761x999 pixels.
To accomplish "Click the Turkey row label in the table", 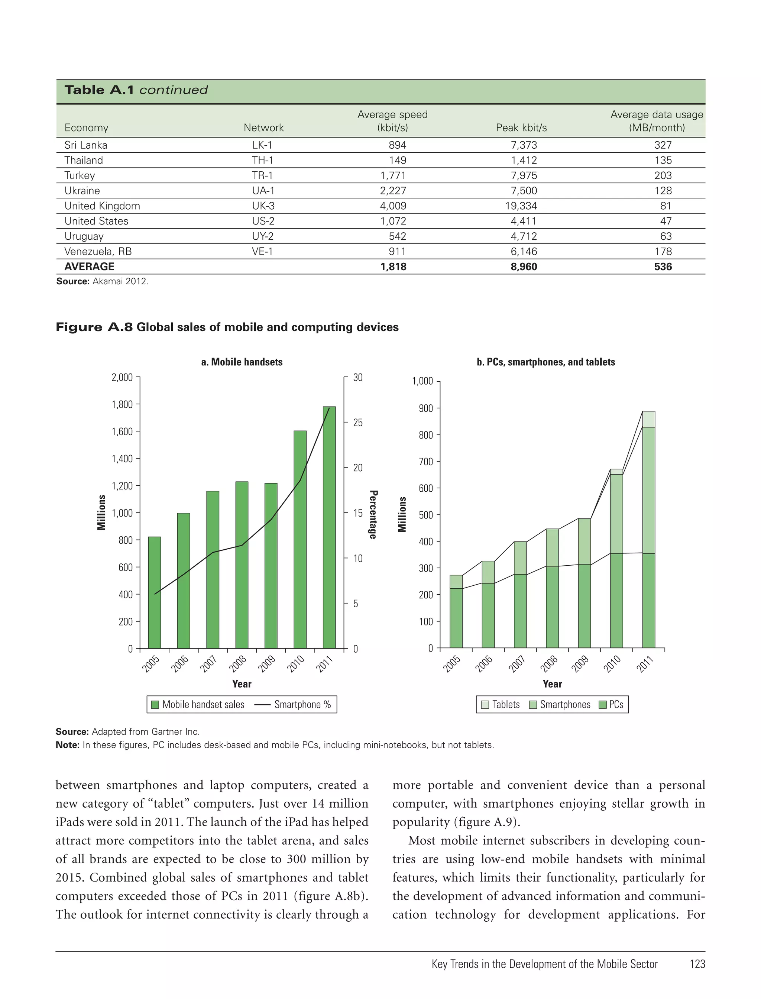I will coord(80,175).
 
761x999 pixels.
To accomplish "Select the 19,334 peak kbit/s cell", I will coord(521,206).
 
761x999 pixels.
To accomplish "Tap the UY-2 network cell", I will coord(263,236).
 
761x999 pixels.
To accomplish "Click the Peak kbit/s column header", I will coord(521,128).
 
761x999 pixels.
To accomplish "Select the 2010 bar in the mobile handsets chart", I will coord(300,539).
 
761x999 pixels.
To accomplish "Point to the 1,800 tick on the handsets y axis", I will coord(122,404).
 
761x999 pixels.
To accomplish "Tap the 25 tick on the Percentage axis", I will coord(358,422).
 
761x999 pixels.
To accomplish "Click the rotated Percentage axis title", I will coord(373,514).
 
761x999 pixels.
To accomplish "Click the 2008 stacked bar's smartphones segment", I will coord(552,547).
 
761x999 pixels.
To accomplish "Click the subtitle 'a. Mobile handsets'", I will coord(242,362).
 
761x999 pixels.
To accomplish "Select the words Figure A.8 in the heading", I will coord(94,327).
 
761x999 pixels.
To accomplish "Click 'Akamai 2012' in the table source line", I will coord(120,281).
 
